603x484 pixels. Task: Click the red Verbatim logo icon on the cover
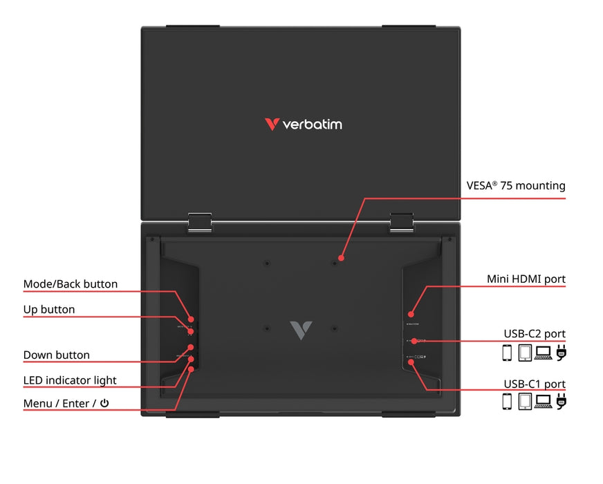272,124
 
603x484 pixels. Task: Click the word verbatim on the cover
312,124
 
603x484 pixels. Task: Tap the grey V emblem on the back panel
301,330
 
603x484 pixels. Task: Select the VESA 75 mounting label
516,185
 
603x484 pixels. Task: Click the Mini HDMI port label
526,279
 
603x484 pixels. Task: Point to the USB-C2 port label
535,334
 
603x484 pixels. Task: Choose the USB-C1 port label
535,384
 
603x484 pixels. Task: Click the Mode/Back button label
71,284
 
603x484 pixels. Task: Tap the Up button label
49,309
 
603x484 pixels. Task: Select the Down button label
57,355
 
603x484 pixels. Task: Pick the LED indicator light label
70,380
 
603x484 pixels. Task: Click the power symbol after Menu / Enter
104,403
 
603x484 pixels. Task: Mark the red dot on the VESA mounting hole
340,259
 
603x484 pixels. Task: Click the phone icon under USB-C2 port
507,353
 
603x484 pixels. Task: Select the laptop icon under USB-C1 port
543,402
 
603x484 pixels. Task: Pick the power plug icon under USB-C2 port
561,353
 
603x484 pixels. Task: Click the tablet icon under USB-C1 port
525,402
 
